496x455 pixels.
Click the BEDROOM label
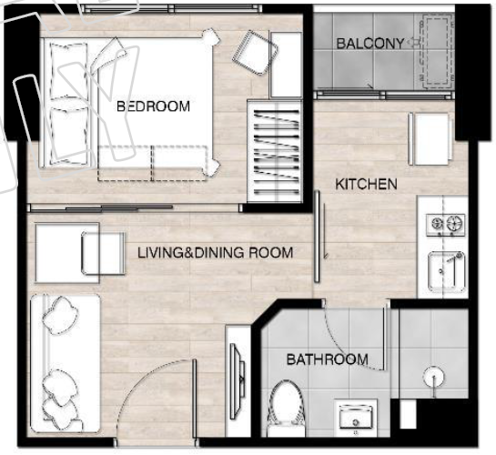[154, 106]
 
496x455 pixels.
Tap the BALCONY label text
[370, 44]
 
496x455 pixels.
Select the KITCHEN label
[366, 184]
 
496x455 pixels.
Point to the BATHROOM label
[328, 359]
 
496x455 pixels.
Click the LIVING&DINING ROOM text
[216, 253]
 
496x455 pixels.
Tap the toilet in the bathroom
[286, 408]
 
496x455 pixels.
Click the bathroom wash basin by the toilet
[356, 418]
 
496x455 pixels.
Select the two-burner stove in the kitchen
[446, 225]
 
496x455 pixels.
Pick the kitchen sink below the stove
[446, 271]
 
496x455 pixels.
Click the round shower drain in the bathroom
[433, 377]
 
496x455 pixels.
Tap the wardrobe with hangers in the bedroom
[275, 151]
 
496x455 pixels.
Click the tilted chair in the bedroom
[255, 53]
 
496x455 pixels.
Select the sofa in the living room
[66, 364]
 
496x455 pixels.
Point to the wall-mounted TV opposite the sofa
[238, 382]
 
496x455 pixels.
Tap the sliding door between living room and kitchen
[318, 237]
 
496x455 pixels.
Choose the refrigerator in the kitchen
[430, 139]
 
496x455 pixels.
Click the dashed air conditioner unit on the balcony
[437, 51]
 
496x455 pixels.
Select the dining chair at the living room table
[103, 253]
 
